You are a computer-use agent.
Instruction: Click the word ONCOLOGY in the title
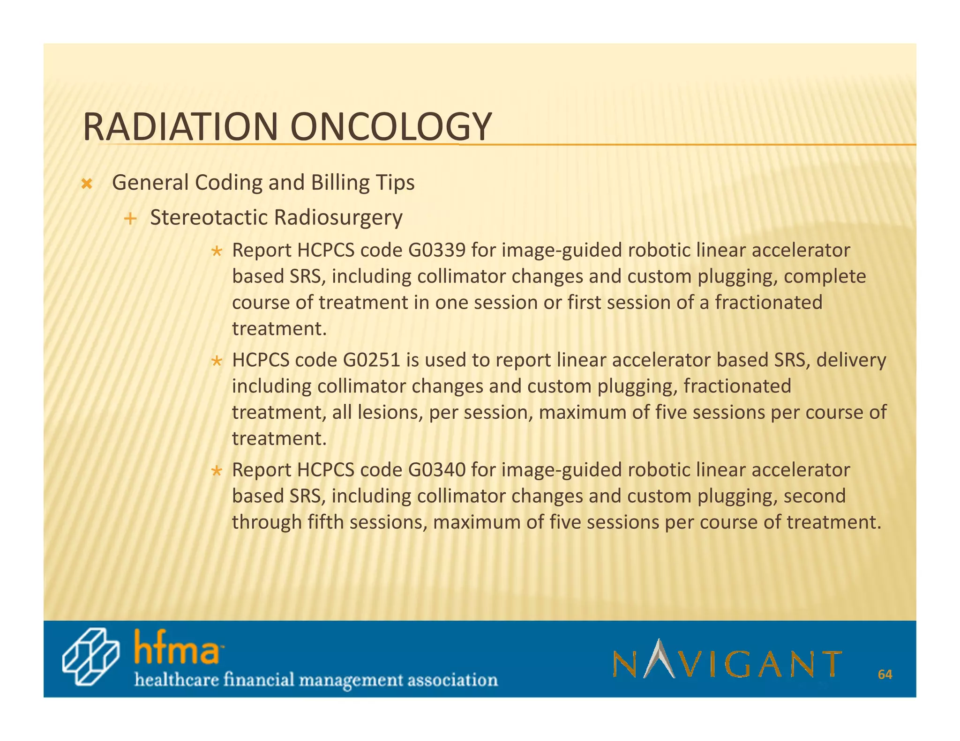coord(391,127)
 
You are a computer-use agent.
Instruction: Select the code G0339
coord(437,251)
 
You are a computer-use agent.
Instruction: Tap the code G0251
coord(372,360)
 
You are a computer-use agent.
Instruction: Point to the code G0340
coord(437,470)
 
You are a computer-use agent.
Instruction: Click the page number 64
coord(885,674)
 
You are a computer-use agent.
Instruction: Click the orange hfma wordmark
coord(177,647)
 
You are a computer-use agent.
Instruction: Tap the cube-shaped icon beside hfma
coord(90,657)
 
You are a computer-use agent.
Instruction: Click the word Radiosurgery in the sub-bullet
coord(338,217)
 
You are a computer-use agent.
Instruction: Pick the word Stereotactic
coord(209,217)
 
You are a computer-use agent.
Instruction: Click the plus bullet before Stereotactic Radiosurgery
coord(131,218)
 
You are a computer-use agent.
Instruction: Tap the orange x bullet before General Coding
coord(86,184)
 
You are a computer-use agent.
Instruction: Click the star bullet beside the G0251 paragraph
coord(216,362)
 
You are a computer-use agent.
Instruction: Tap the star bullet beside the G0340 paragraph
coord(216,471)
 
